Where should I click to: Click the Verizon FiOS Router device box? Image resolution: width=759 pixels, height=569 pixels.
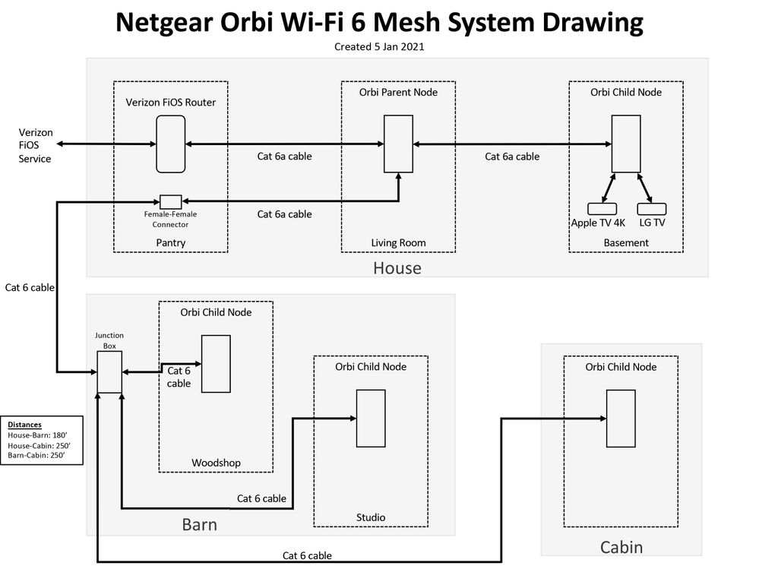171,144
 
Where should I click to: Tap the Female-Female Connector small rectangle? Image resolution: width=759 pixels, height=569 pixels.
171,201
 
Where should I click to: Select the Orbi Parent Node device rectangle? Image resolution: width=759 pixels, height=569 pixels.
398,144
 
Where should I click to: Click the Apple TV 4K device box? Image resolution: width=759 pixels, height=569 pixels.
602,208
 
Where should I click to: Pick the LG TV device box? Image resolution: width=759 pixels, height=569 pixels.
651,208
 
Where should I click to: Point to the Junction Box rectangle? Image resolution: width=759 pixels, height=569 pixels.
109,372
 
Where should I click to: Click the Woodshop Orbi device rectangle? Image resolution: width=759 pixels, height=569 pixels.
216,364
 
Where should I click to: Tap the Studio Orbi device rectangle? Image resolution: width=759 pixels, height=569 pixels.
371,418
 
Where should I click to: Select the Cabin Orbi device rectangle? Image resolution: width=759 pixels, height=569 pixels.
620,418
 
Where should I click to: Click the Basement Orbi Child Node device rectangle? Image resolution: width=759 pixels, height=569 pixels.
626,144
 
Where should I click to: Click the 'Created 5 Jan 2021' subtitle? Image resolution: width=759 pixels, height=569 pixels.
379,46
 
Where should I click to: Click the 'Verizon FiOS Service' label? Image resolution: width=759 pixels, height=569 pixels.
36,145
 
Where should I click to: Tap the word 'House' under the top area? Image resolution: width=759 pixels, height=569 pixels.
397,267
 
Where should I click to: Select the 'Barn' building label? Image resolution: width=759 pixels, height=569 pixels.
199,524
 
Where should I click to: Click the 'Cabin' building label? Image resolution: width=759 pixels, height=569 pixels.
621,547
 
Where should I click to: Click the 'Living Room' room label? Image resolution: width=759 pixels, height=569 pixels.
398,243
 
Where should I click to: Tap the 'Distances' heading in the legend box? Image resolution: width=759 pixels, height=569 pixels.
25,425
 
